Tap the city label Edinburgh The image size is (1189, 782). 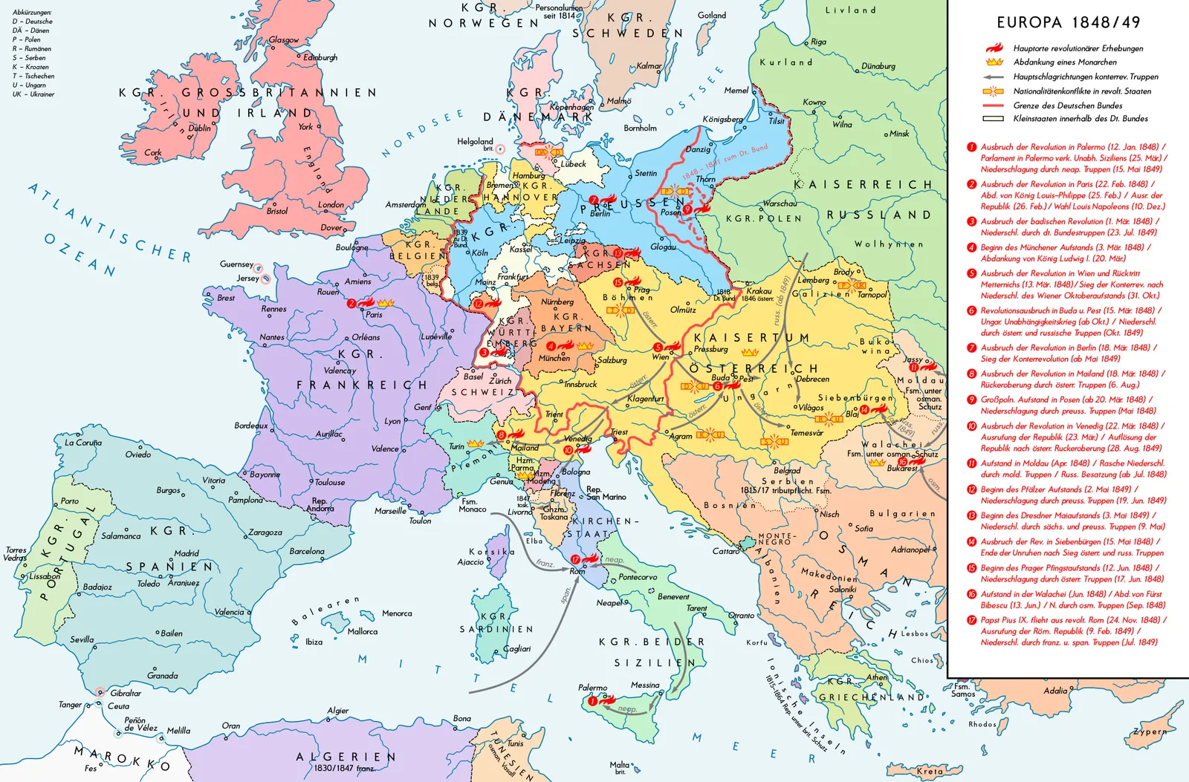[320, 57]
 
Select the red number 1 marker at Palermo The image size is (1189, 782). [592, 700]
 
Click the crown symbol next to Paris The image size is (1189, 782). [385, 303]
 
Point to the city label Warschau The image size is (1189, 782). [780, 203]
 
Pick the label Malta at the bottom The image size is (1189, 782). [619, 764]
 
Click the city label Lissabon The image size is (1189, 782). [45, 576]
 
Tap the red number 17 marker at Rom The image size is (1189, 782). [575, 559]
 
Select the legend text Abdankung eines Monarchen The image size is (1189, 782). [1065, 62]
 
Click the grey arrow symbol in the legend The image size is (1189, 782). [994, 76]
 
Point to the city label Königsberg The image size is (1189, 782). [722, 119]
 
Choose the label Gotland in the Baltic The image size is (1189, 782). [711, 15]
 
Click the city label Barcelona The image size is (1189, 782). [307, 551]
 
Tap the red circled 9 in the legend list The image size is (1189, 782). [971, 400]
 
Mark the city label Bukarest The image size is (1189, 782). [902, 468]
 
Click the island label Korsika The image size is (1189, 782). [491, 552]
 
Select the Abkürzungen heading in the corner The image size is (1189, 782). [32, 13]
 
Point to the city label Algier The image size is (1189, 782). [338, 711]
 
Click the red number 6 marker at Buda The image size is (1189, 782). [717, 386]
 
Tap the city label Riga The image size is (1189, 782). [818, 42]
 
